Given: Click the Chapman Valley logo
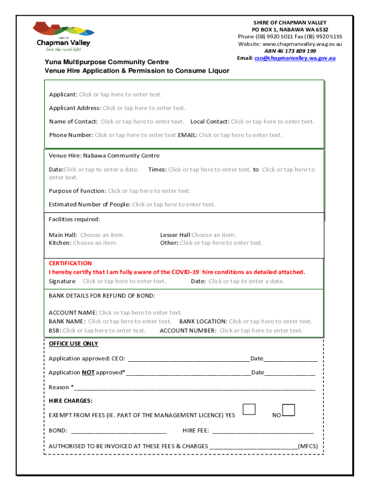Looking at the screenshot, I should pos(61,36).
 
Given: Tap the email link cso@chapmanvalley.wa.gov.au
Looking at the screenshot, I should pos(295,58).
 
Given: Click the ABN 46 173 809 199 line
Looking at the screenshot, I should pos(290,51).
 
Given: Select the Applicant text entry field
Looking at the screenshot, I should pos(120,94).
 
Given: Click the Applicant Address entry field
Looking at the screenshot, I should pos(144,108).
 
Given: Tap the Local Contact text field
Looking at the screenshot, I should pos(272,122).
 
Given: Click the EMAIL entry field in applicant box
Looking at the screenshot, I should pos(240,135).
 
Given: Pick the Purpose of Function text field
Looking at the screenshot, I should pos(149,191).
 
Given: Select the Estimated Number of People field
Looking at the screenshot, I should pos(173,204).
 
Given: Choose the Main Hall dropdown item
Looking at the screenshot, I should pos(102,235).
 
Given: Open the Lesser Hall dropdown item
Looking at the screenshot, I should pos(214,235).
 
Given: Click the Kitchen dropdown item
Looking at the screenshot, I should pos(95,243).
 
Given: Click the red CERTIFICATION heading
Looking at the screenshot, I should pos(70,263).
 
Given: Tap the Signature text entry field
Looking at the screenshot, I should pos(124,281).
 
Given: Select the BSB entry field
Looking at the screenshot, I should pos(104,330).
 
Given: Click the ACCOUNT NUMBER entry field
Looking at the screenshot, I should pos(261,330).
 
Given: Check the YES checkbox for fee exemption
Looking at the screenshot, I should pos(249,410).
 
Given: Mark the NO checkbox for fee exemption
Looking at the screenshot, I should pos(288,410).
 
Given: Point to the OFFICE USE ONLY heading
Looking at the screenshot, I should pos(73,344).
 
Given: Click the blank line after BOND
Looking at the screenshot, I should pos(118,431).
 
